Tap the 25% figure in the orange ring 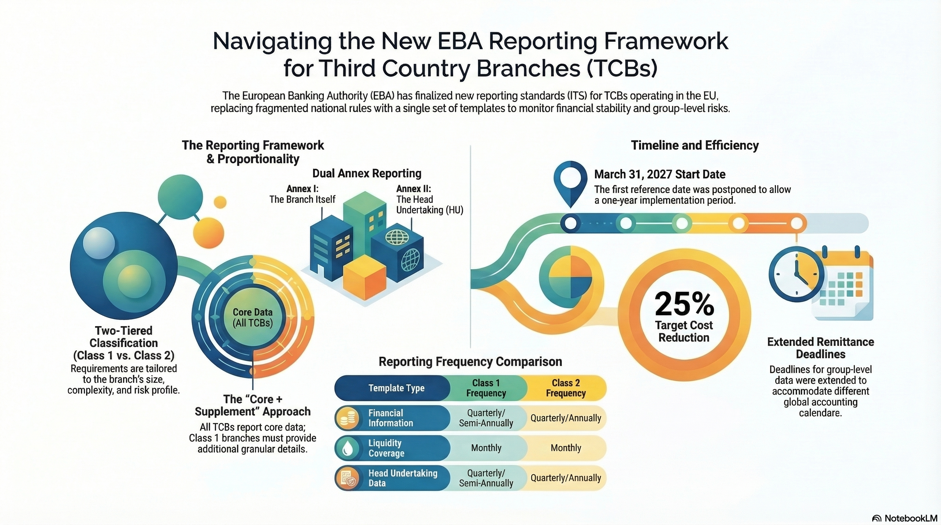coord(684,304)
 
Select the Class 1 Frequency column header coord(486,388)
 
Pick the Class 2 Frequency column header coord(566,388)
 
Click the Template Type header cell coord(396,388)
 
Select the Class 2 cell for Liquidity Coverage coord(566,448)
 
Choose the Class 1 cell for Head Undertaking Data coord(486,478)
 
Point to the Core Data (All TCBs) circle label coord(253,318)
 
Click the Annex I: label coord(302,189)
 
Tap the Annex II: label coord(413,189)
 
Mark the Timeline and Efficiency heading coord(694,145)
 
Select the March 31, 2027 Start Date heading coord(659,175)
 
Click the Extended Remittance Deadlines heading coord(820,348)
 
